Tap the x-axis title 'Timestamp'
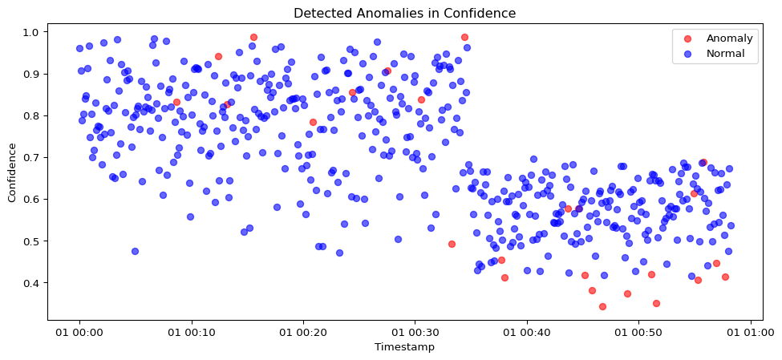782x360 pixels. point(404,347)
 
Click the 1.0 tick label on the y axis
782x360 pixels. point(33,32)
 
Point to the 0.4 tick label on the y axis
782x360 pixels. point(33,282)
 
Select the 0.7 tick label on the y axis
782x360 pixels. point(33,157)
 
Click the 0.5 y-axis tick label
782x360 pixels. point(33,241)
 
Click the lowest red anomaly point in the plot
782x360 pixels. point(602,306)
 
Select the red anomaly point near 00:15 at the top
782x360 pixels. point(253,37)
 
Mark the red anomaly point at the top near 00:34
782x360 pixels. point(464,37)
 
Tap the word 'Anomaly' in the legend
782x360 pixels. point(729,38)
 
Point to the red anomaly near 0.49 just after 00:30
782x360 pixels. point(452,244)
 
